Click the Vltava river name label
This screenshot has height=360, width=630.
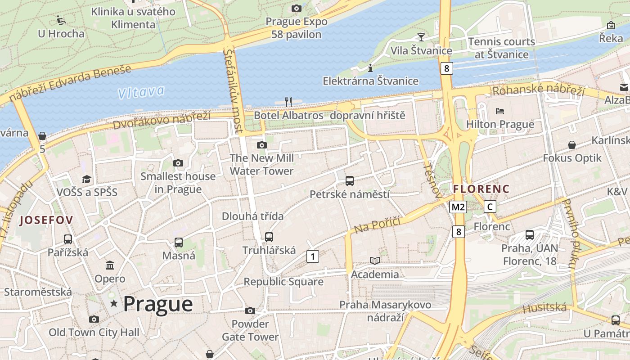pos(141,92)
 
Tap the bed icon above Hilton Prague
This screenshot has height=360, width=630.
pos(499,111)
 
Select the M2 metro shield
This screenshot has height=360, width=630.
pos(458,207)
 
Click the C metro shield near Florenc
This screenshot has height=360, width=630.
pos(490,207)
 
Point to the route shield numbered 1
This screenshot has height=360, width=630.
pos(312,256)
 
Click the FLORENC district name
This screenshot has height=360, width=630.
pos(481,189)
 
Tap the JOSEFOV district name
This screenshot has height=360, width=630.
pos(46,220)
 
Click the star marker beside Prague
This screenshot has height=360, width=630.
pos(114,304)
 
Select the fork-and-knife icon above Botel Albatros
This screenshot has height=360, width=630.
pos(288,102)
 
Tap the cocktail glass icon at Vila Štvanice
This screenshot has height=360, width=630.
pos(421,37)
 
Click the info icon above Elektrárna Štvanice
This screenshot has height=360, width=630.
pos(370,68)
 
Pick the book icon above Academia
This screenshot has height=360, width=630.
pos(374,261)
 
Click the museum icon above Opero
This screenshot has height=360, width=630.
pos(110,265)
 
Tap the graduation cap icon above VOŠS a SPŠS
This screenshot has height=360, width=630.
pos(86,179)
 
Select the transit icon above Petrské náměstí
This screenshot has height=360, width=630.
pos(349,181)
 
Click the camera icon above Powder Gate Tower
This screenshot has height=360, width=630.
pos(250,310)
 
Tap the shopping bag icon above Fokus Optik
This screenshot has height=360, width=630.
pos(571,145)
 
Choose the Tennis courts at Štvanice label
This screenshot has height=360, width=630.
pos(501,48)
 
